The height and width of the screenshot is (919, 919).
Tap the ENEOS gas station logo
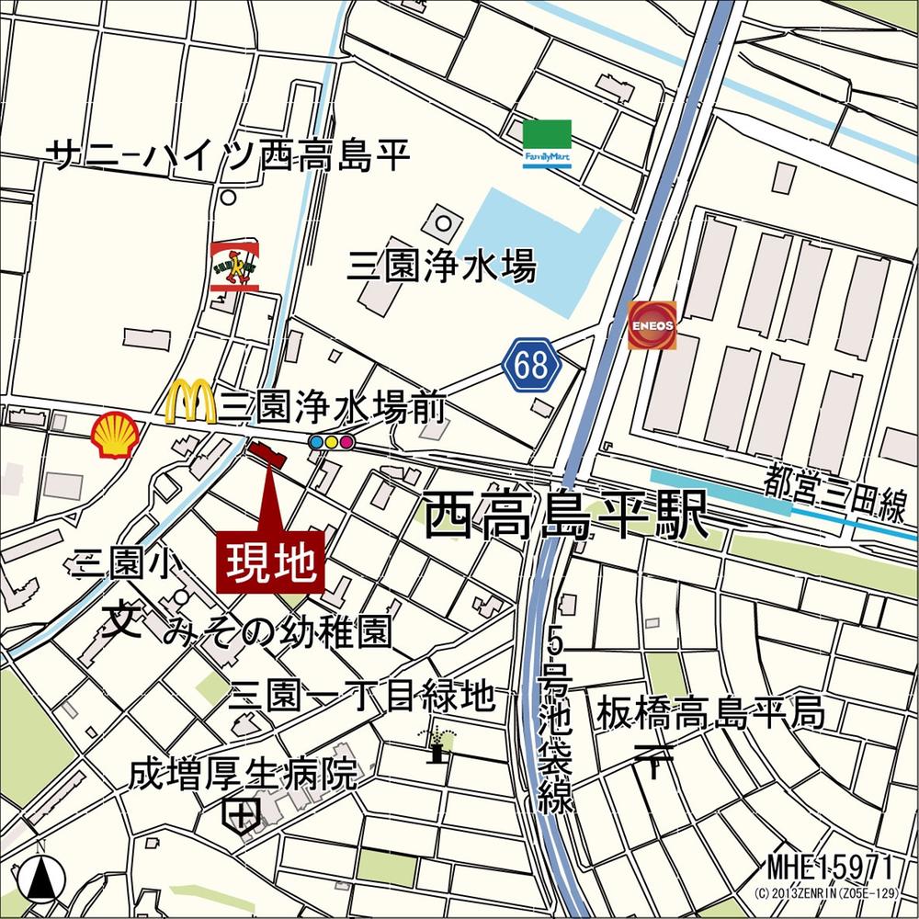tap(652, 325)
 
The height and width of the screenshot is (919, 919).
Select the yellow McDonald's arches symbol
tap(190, 403)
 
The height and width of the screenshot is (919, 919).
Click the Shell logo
tap(116, 431)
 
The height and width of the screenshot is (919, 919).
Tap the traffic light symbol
tap(332, 442)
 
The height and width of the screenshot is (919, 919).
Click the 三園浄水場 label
tap(441, 268)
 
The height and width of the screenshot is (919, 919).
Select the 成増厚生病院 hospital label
tap(243, 775)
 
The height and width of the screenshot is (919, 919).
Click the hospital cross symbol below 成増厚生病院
tap(242, 813)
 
